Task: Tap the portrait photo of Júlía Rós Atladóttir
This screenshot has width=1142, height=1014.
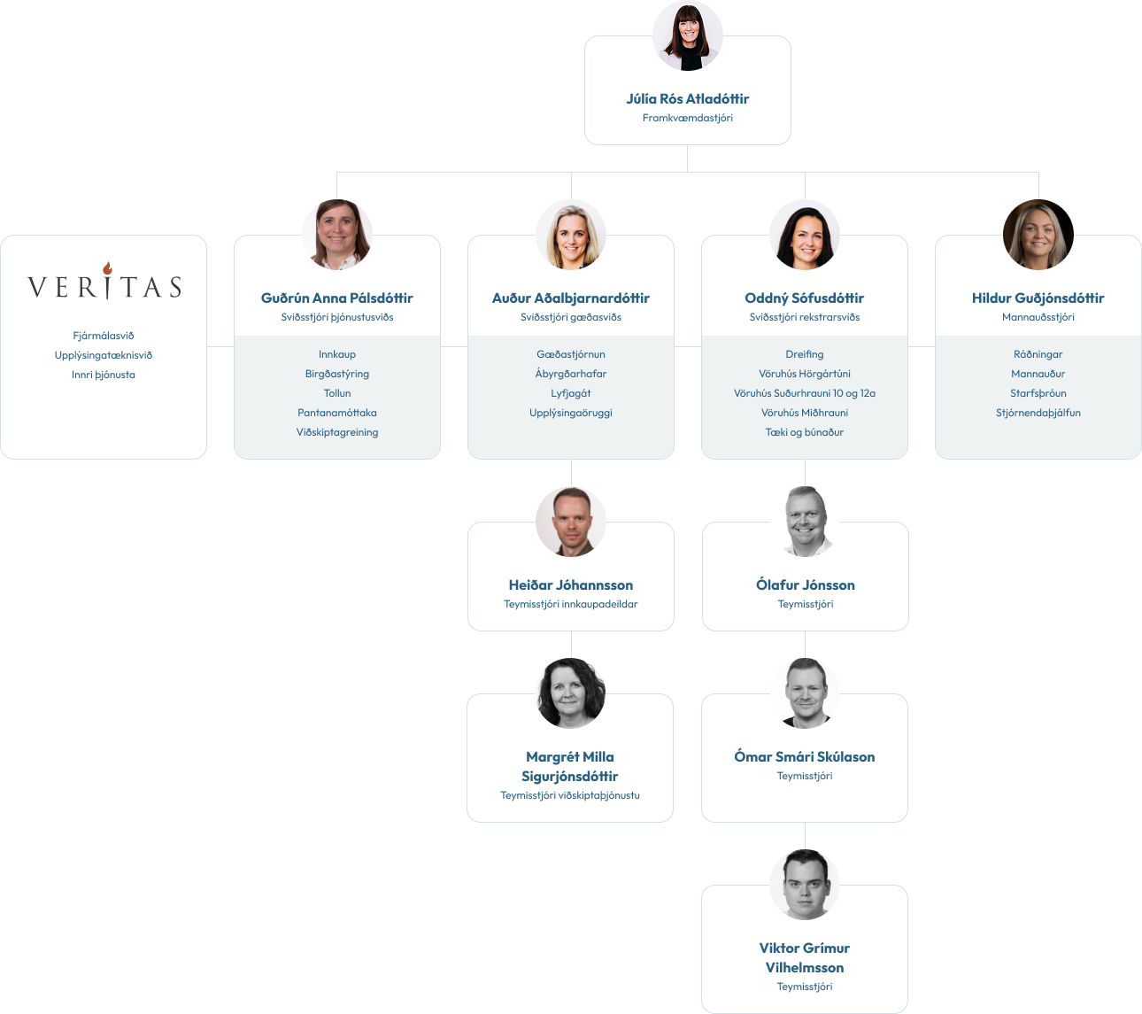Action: coord(687,35)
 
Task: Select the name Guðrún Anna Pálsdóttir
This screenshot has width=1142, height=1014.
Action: coord(337,298)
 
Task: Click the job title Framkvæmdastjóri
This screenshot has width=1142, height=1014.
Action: coord(687,118)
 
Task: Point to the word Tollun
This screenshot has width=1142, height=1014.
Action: coord(337,393)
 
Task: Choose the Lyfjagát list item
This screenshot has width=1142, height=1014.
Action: coord(570,393)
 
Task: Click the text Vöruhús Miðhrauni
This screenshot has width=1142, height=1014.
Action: coord(805,413)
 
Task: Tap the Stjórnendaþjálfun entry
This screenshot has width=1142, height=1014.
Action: coord(1038,413)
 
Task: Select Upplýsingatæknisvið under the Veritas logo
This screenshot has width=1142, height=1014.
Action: coord(104,355)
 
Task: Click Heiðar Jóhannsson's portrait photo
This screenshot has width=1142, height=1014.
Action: coord(570,522)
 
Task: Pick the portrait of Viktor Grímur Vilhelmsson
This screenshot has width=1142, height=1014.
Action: coord(805,885)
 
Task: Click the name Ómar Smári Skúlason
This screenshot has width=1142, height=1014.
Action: coord(805,757)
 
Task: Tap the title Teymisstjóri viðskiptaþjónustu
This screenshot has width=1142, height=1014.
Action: coord(570,795)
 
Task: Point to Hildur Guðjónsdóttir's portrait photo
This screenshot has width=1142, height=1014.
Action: coord(1038,235)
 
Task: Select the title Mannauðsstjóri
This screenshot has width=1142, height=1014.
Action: coord(1038,317)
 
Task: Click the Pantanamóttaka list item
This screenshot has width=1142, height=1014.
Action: coord(337,413)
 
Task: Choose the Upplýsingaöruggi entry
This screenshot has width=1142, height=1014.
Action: coord(570,413)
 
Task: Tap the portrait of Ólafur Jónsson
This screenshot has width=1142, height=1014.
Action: coord(806,522)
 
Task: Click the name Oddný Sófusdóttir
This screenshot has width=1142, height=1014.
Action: coord(805,298)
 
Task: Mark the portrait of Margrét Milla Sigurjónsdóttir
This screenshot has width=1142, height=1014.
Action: coord(570,693)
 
